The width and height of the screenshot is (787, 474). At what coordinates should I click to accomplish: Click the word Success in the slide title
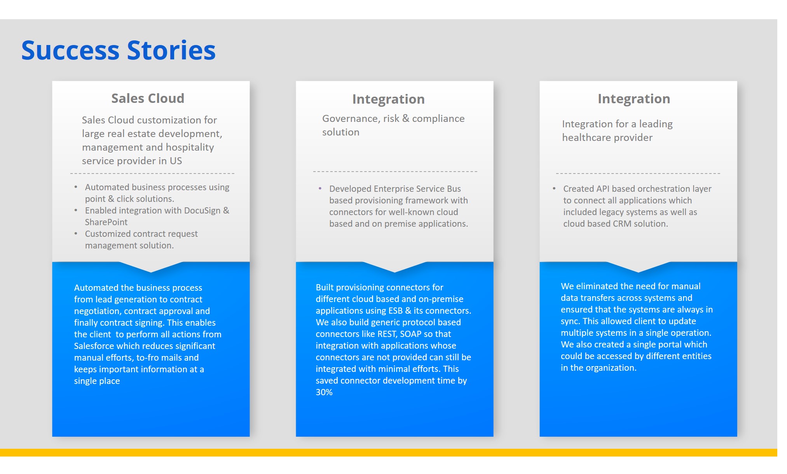(70, 50)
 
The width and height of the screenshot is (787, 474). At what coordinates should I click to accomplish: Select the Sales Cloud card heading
(148, 99)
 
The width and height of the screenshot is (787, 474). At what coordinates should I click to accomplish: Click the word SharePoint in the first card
(106, 222)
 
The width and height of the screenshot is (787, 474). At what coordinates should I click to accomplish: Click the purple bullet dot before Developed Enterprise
(320, 188)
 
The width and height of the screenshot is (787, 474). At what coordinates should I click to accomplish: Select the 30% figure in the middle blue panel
(324, 392)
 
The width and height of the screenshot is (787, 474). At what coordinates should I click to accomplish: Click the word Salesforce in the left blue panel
(96, 346)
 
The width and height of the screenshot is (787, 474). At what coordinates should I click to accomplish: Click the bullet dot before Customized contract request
(76, 233)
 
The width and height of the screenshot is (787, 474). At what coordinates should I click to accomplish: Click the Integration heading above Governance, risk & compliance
(388, 99)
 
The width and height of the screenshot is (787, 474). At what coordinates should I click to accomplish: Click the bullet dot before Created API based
(554, 188)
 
